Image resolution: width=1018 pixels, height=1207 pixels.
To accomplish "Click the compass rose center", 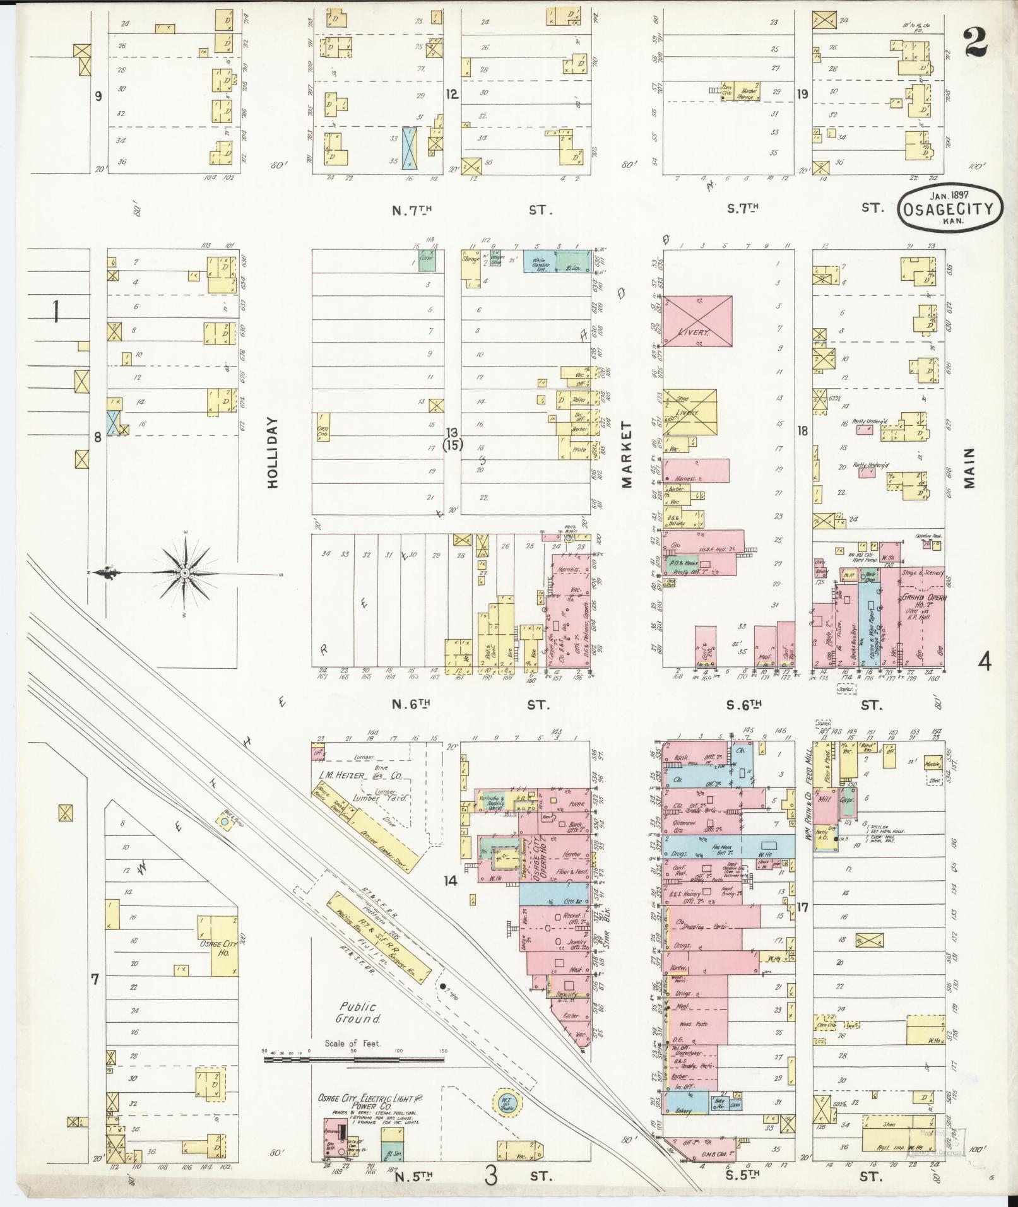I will click(x=184, y=572).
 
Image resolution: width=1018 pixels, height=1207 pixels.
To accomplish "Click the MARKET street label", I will click(x=626, y=455).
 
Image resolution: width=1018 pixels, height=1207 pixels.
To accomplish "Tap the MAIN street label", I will click(x=969, y=468).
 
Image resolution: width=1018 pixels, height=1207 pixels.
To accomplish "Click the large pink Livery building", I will click(x=697, y=321).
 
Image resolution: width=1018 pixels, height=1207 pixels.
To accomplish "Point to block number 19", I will click(x=802, y=95).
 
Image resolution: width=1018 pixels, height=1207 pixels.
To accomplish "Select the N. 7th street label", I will click(x=410, y=210).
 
